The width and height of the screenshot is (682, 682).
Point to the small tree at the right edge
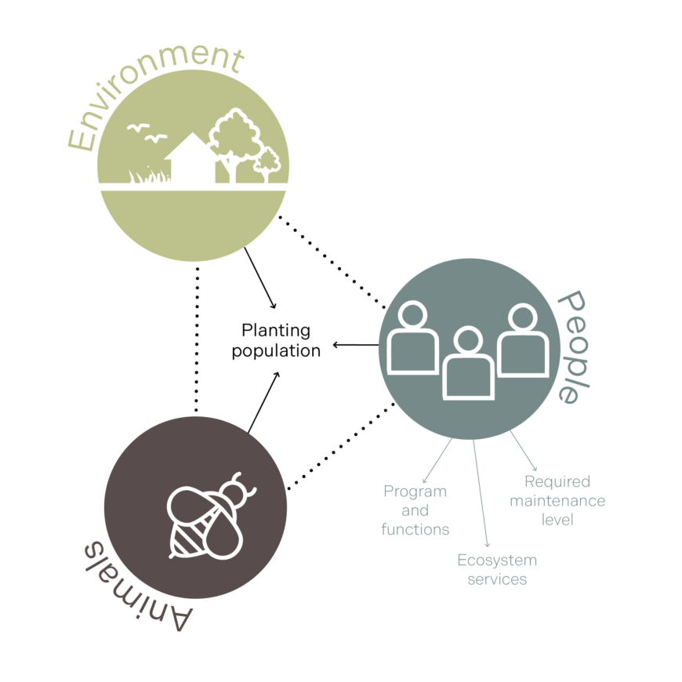tap(268, 164)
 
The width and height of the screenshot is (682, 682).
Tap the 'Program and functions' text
tap(415, 510)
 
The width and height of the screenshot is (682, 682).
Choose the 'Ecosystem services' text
tap(497, 570)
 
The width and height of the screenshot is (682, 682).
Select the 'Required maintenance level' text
tap(557, 500)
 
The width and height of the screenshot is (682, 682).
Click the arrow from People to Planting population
tap(357, 344)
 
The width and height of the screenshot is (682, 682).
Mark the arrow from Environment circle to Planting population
tap(260, 278)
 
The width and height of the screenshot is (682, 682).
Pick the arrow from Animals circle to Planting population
tap(263, 402)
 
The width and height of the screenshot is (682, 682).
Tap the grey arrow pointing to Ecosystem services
tap(481, 494)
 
